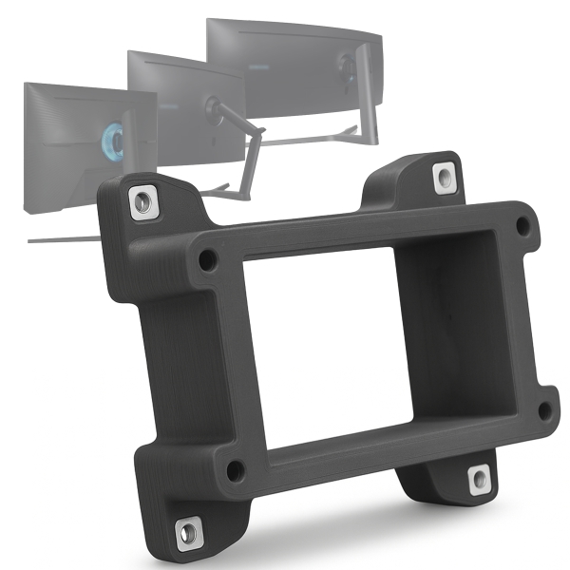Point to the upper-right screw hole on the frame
[522, 226]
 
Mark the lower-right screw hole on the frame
[543, 410]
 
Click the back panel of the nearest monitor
[66, 123]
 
